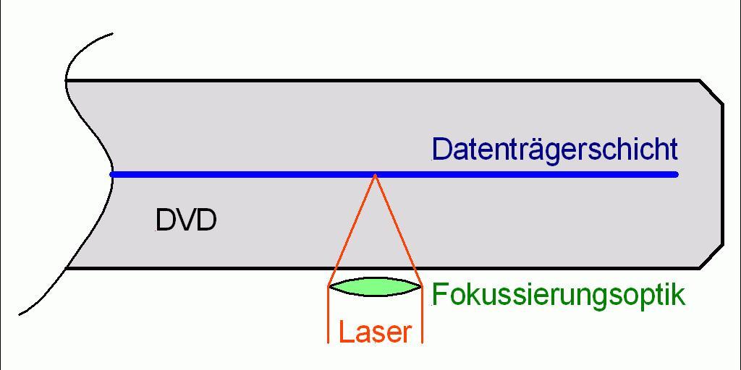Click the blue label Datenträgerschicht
pyautogui.click(x=554, y=150)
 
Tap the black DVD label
pyautogui.click(x=186, y=220)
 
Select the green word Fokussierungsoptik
pyautogui.click(x=558, y=296)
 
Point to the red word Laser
pyautogui.click(x=375, y=332)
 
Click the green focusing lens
pyautogui.click(x=375, y=287)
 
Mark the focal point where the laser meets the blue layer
pyautogui.click(x=375, y=174)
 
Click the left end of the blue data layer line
pyautogui.click(x=112, y=174)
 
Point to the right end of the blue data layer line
pyautogui.click(x=676, y=174)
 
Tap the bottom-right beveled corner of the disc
pyautogui.click(x=711, y=257)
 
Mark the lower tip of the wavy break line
pyautogui.click(x=20, y=314)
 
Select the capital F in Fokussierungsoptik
pyautogui.click(x=439, y=295)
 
